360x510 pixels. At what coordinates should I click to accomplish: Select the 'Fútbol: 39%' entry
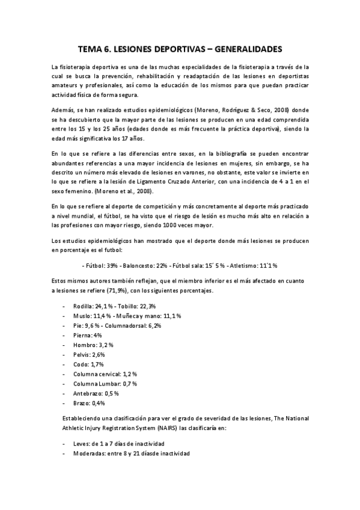pos(100,265)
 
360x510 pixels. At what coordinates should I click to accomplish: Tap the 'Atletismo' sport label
pos(243,265)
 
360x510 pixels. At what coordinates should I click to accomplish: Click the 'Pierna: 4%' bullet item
pos(87,335)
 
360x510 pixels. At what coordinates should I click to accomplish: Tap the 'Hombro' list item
pos(86,345)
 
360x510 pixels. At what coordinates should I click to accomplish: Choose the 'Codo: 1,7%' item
pos(87,364)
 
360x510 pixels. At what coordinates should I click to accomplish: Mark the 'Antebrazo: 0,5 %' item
pos(96,393)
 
